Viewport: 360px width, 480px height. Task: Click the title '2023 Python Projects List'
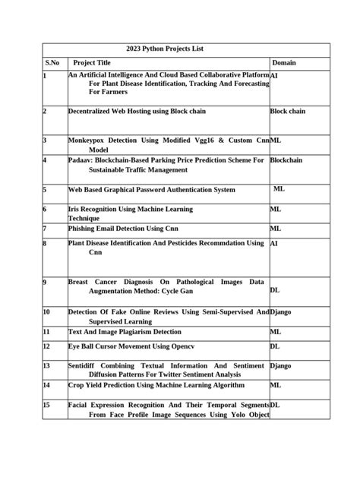click(165, 49)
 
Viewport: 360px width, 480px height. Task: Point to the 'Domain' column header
click(284, 62)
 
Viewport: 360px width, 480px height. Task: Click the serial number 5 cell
click(45, 190)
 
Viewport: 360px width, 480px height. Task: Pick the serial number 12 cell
click(46, 346)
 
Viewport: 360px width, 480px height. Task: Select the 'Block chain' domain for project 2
click(288, 111)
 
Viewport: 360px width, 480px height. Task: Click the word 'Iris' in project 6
click(75, 209)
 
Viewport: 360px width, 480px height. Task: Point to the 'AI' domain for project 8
click(274, 244)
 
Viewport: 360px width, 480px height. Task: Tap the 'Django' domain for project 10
click(281, 311)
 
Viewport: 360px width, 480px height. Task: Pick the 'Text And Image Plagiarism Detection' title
click(125, 332)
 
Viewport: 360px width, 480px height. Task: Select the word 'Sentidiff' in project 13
click(84, 365)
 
